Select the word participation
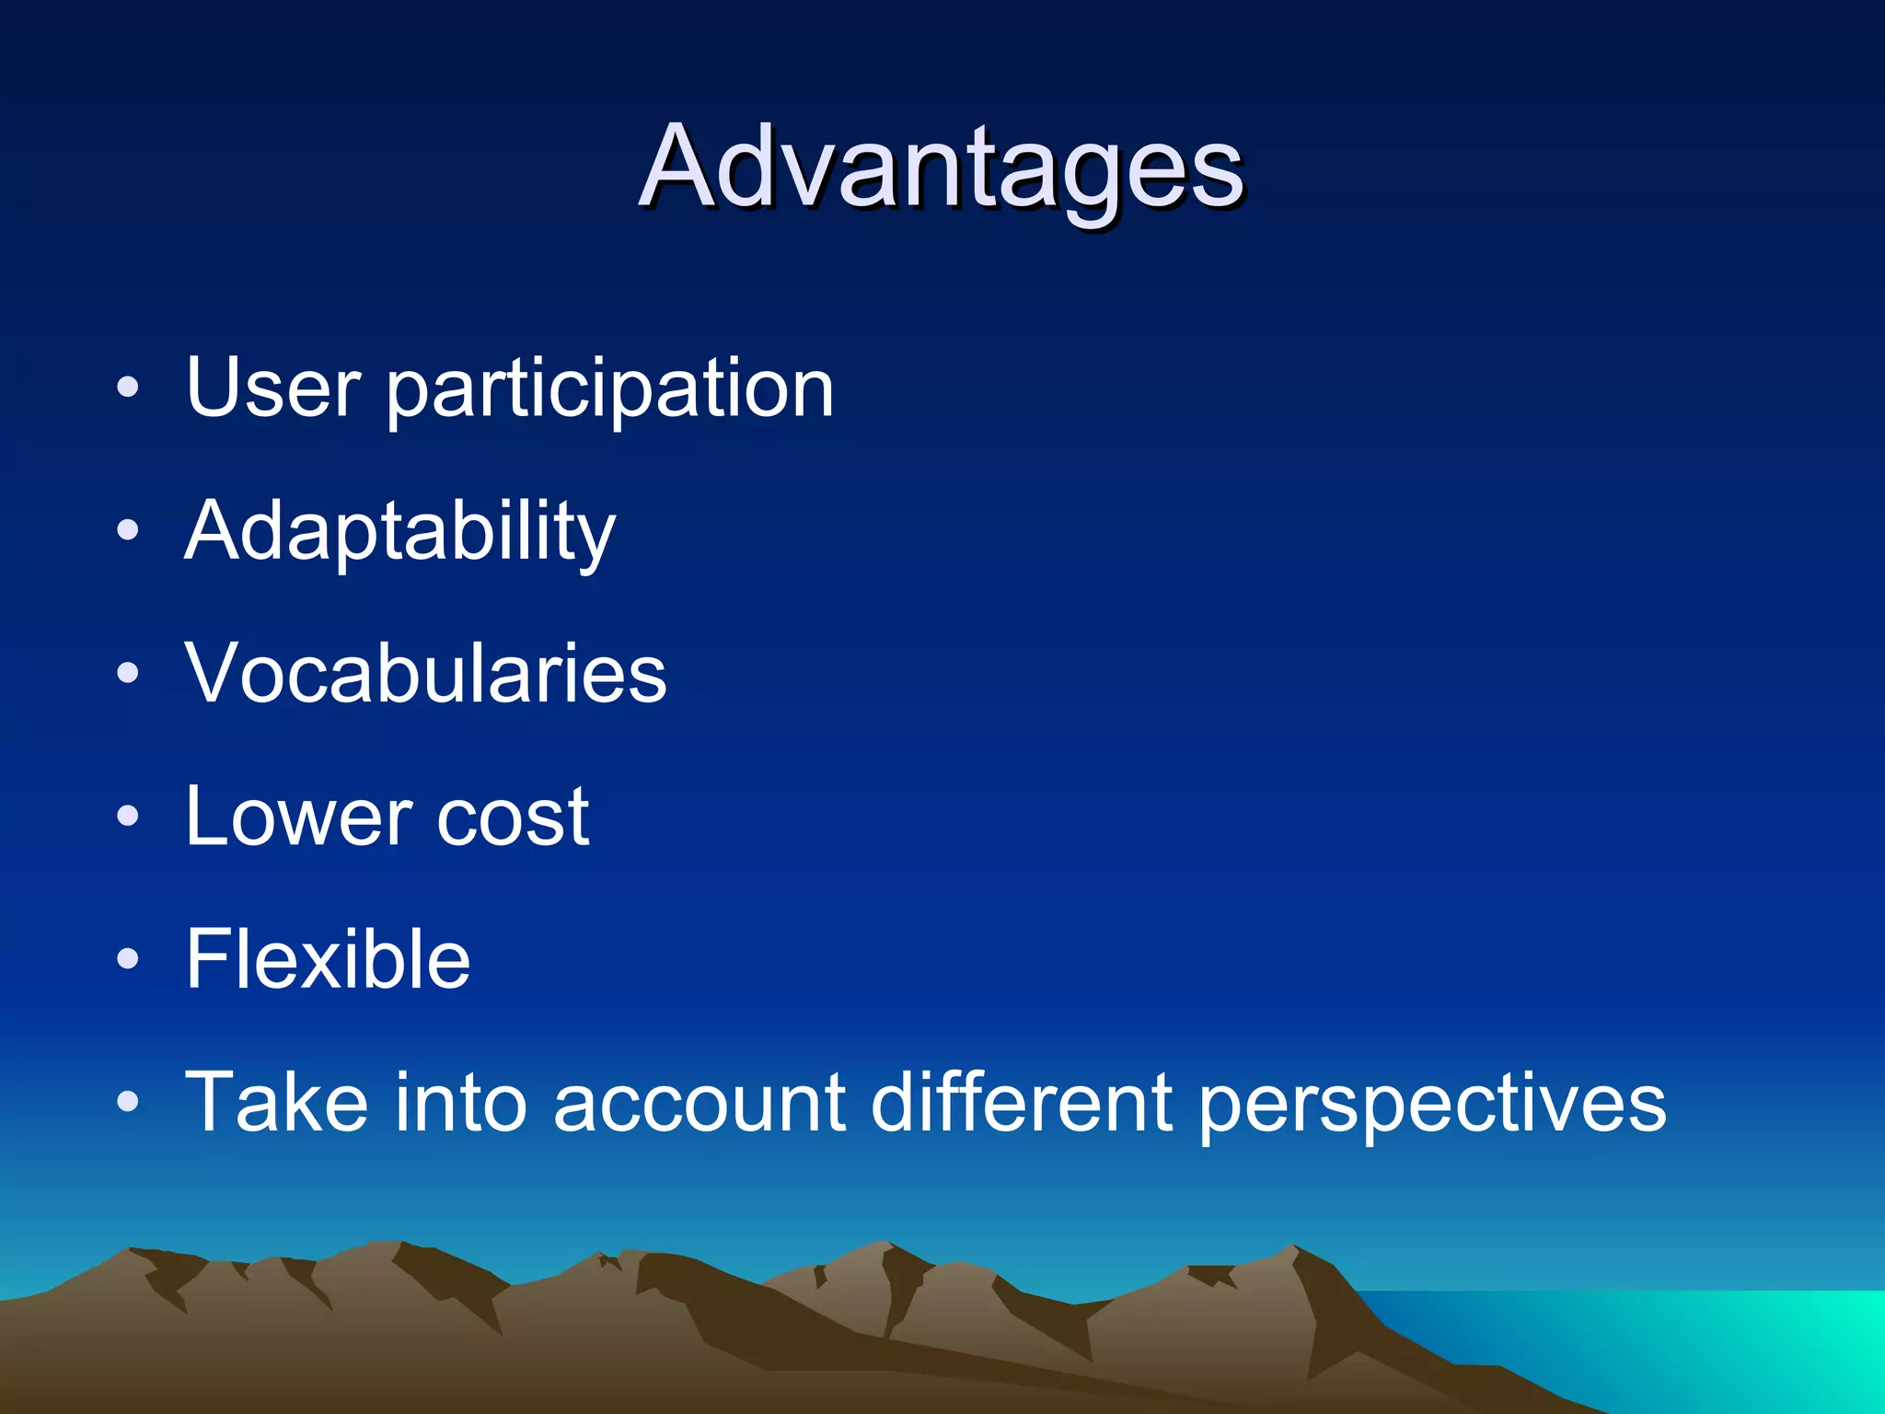click(x=609, y=390)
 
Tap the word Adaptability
click(x=399, y=532)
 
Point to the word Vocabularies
click(x=425, y=673)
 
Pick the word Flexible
click(x=328, y=959)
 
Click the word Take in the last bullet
click(x=276, y=1102)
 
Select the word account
click(x=700, y=1104)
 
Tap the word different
click(x=1022, y=1102)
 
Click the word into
click(x=460, y=1102)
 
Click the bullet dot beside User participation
click(x=128, y=388)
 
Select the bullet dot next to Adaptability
click(x=128, y=530)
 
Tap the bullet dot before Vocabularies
click(x=128, y=673)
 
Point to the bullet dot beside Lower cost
click(x=128, y=816)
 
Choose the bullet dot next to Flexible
click(x=128, y=959)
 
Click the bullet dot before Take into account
click(x=128, y=1102)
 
